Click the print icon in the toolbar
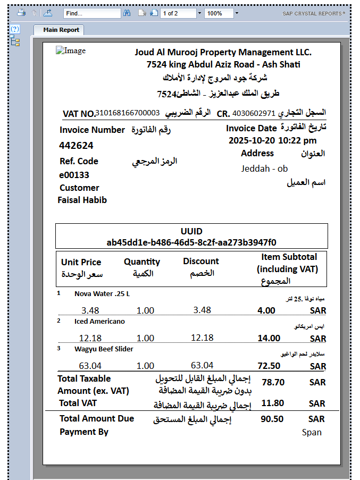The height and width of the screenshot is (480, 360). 21,13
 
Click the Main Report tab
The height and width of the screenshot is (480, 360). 61,30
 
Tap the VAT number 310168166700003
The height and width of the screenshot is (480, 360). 128,113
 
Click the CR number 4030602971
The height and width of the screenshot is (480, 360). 254,113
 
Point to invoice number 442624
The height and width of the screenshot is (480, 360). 76,146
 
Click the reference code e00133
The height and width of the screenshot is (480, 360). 74,175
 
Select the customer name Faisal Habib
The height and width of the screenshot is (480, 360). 82,200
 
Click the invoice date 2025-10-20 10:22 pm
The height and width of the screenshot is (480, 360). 272,141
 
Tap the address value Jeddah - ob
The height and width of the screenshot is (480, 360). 264,169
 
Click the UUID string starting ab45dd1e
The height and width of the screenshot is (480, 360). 191,242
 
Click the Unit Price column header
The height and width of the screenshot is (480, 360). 81,262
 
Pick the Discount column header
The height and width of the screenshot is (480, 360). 200,262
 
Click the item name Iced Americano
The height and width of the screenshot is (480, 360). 99,321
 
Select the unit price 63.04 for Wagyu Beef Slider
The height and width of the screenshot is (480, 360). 90,365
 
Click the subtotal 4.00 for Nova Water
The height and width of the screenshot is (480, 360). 266,310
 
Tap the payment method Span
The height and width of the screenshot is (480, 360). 312,432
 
